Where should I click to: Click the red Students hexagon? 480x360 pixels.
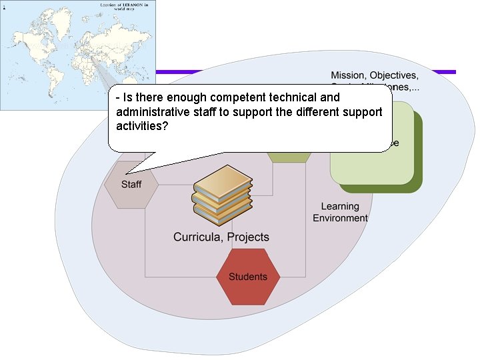click(248, 277)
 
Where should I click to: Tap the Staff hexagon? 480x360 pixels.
click(131, 184)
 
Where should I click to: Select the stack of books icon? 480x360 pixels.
click(222, 194)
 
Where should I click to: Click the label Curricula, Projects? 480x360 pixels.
click(221, 237)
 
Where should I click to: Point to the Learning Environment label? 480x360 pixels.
click(340, 212)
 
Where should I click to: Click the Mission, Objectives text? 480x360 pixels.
click(375, 75)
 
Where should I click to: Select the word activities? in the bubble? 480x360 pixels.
click(142, 125)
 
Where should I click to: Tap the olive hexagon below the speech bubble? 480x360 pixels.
click(289, 157)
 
